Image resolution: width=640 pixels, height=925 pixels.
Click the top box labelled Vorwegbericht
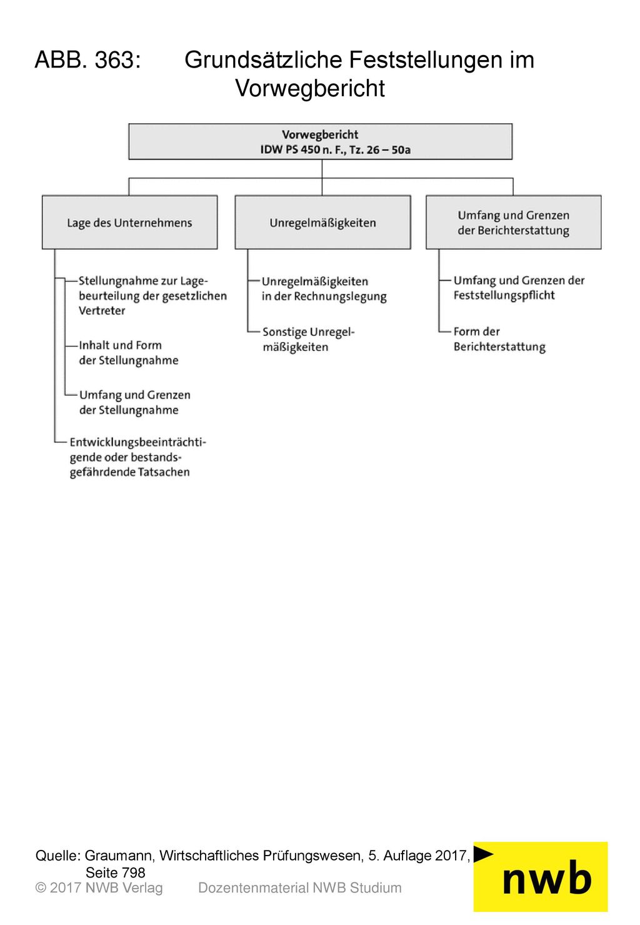[320, 141]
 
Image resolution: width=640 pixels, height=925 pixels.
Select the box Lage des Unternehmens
[129, 222]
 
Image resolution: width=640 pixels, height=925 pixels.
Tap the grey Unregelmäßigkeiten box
[322, 222]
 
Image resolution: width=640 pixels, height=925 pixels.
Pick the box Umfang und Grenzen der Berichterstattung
[513, 222]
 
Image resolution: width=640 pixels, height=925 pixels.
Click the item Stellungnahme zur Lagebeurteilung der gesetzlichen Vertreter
[152, 296]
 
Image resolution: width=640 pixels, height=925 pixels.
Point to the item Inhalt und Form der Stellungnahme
[128, 353]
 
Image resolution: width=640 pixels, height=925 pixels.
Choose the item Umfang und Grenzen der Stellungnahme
[134, 402]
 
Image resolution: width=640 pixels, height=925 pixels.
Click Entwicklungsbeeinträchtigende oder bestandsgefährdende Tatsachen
[137, 457]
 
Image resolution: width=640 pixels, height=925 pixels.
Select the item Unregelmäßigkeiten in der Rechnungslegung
[324, 289]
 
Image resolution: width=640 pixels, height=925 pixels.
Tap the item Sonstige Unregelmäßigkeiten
[308, 340]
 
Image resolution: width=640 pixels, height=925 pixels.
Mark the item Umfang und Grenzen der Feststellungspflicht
[519, 288]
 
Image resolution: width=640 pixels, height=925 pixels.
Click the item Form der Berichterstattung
[499, 339]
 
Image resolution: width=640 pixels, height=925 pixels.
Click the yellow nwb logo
[541, 877]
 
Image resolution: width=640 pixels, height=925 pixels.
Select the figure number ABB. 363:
[88, 60]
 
